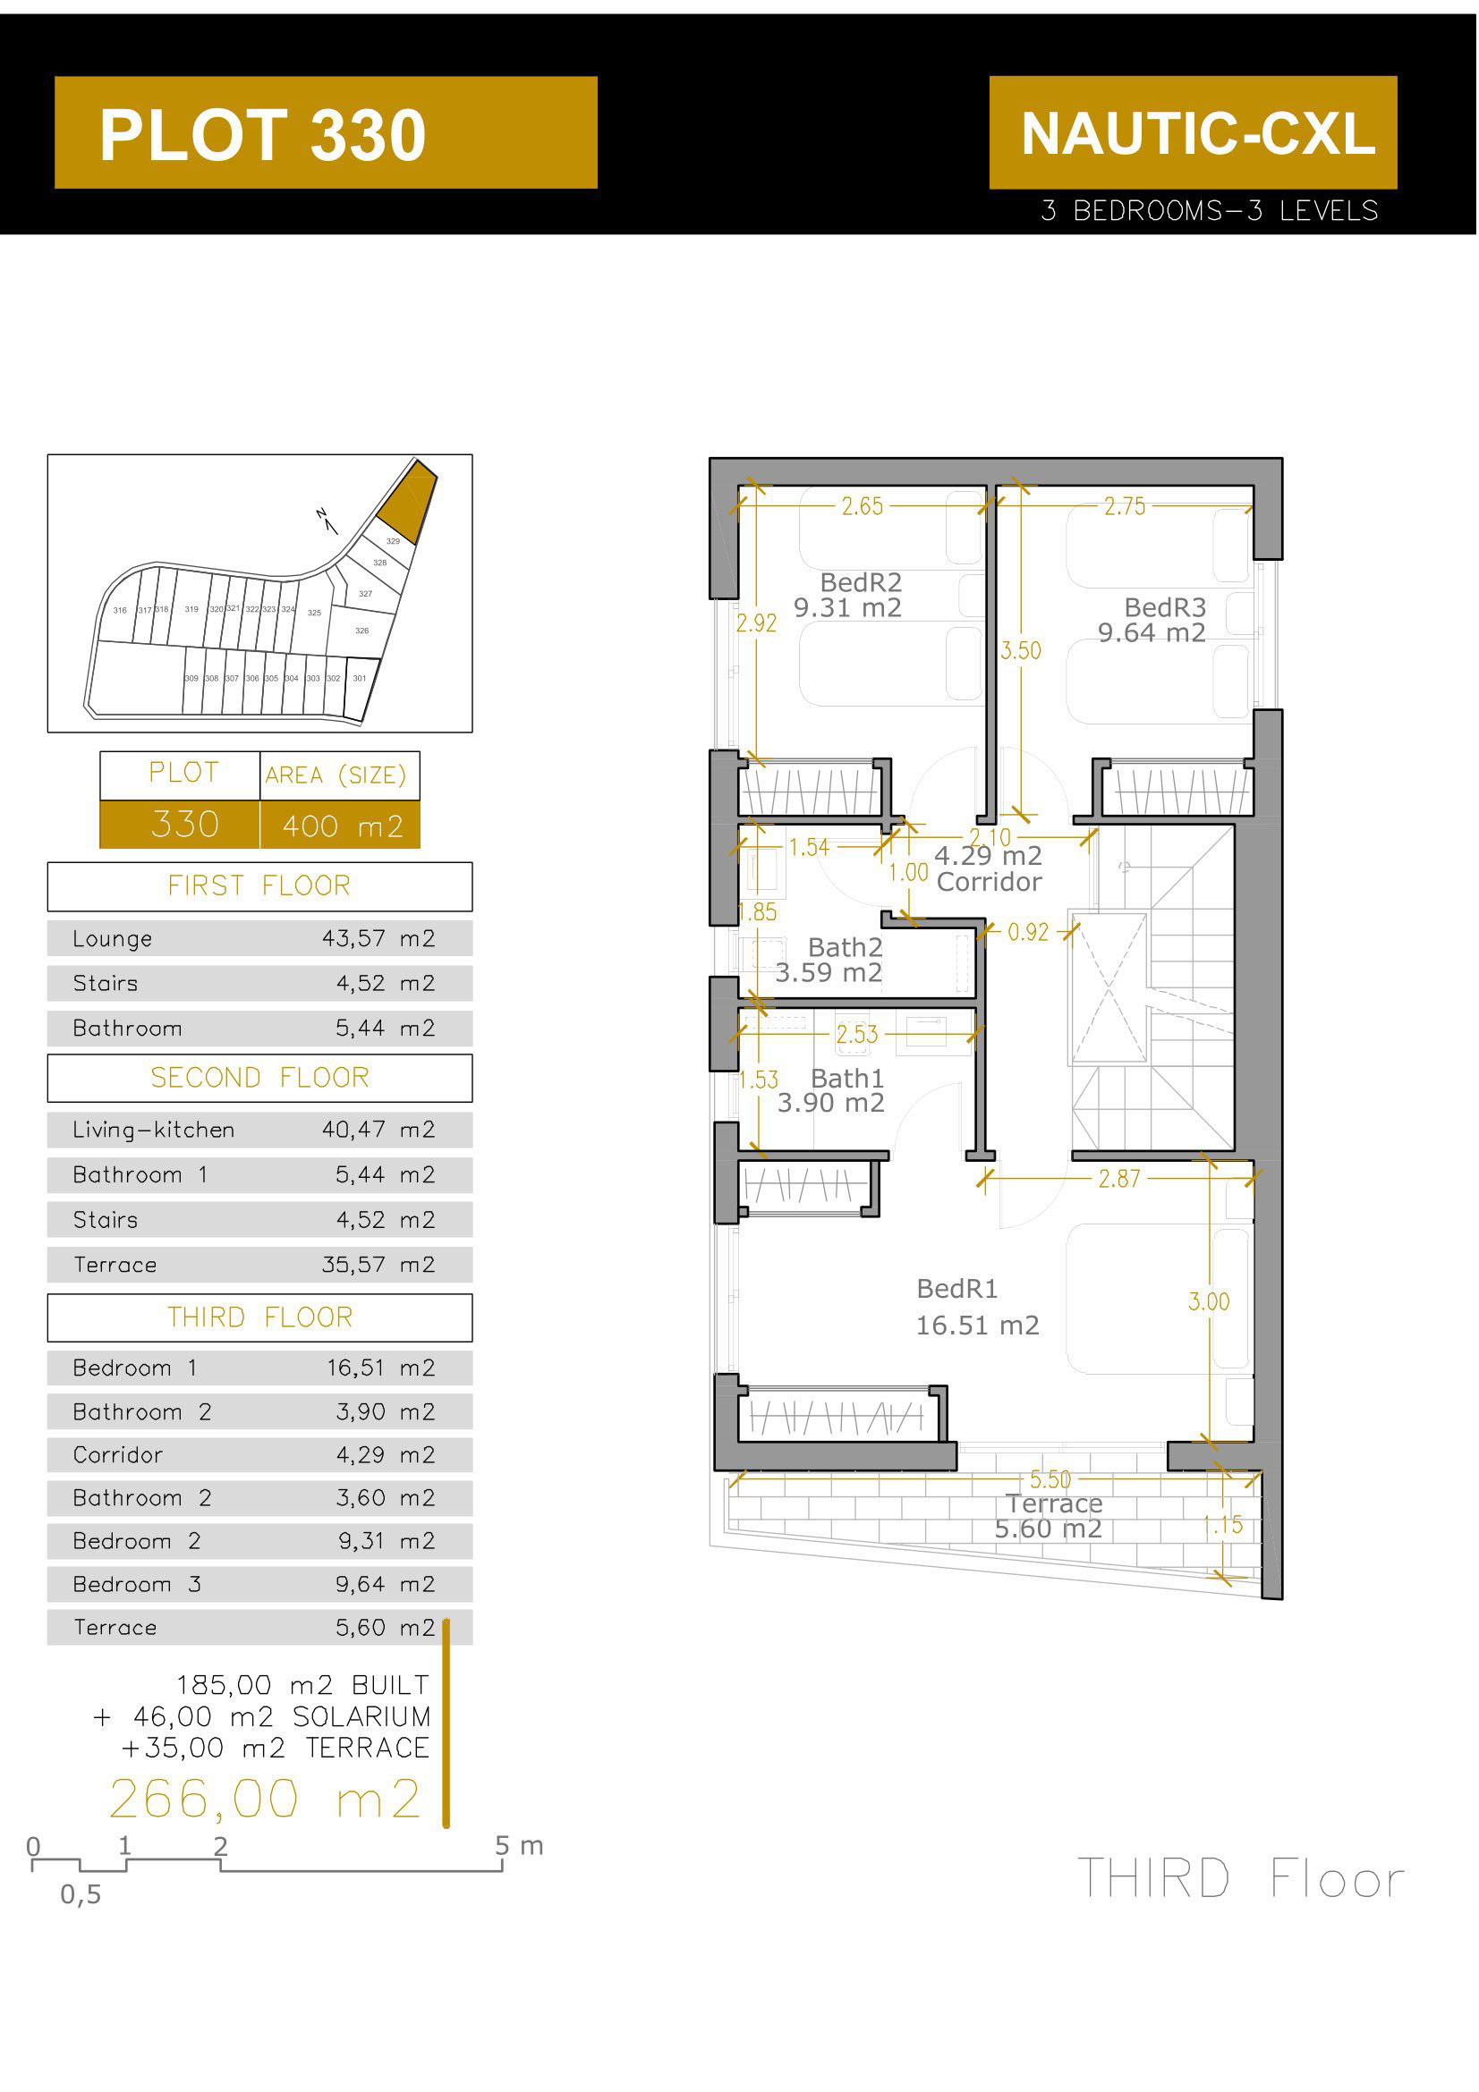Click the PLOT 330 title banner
coord(326,133)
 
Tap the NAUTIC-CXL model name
coord(1195,133)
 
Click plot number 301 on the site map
coord(360,679)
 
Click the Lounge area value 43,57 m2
coord(378,939)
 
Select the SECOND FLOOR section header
coord(259,1079)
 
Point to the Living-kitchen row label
coord(153,1131)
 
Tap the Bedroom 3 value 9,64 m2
coord(386,1586)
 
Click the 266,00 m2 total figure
coord(265,1800)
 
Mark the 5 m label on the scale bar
coord(520,1847)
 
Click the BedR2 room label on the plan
coord(861,583)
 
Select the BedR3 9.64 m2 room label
coord(1153,621)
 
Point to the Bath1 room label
coord(847,1080)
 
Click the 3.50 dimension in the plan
coord(1022,651)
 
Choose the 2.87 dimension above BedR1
coord(1120,1180)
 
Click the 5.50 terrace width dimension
coord(1050,1480)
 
